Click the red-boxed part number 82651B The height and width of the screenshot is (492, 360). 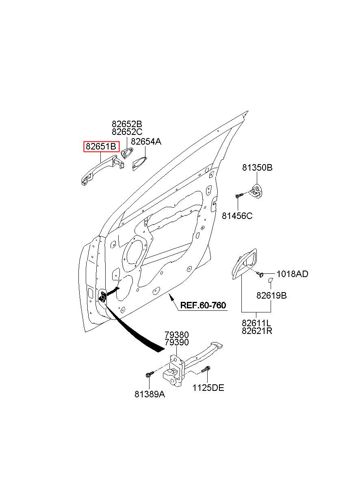pyautogui.click(x=101, y=146)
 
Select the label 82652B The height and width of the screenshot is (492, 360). pyautogui.click(x=127, y=124)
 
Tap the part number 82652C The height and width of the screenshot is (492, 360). pyautogui.click(x=127, y=132)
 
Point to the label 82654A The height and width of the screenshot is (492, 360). pyautogui.click(x=146, y=142)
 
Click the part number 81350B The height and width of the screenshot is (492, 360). pyautogui.click(x=258, y=167)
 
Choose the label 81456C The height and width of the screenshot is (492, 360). pyautogui.click(x=237, y=216)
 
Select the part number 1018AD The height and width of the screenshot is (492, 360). pyautogui.click(x=293, y=274)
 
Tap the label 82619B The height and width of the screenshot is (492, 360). pyautogui.click(x=271, y=296)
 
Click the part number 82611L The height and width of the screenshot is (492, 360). pyautogui.click(x=256, y=323)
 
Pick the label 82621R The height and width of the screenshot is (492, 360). pyautogui.click(x=257, y=331)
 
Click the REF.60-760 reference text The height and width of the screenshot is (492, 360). pyautogui.click(x=203, y=305)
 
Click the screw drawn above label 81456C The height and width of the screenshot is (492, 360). pyautogui.click(x=239, y=195)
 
